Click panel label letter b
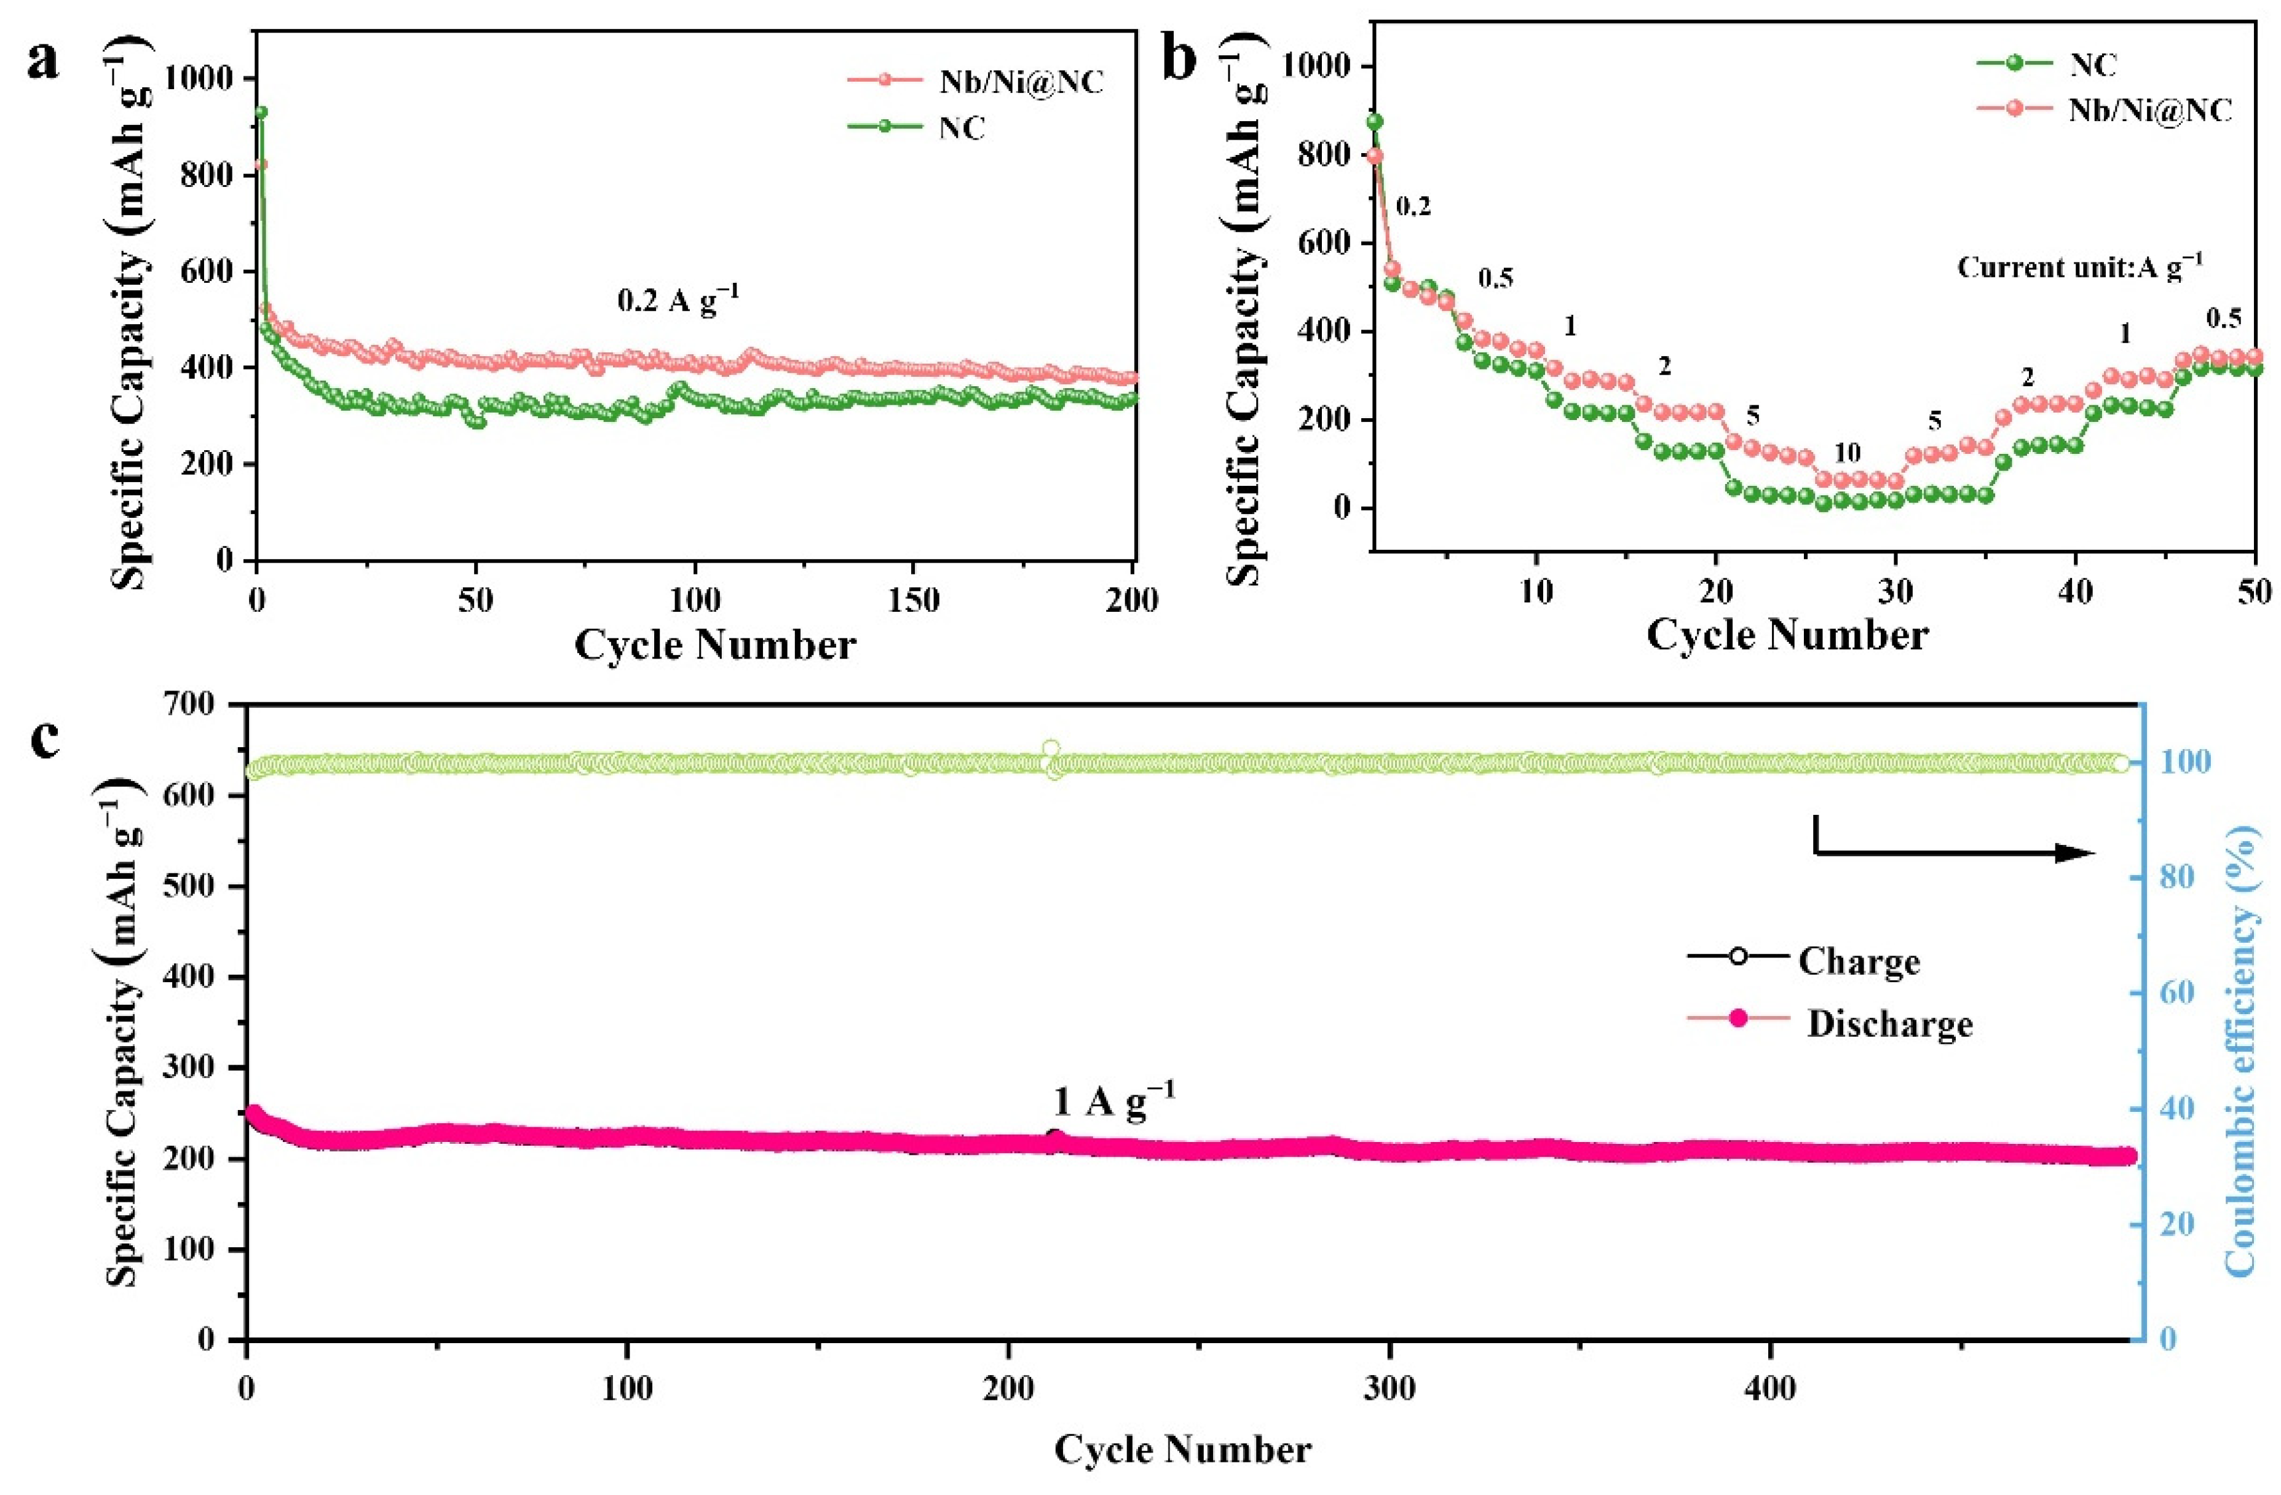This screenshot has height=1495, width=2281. [1179, 60]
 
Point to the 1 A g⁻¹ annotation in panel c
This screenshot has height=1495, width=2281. [1113, 1102]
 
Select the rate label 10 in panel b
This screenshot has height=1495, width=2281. [1847, 453]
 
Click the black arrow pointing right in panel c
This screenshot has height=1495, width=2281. [1955, 852]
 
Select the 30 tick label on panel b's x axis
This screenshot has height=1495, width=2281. [1895, 591]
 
